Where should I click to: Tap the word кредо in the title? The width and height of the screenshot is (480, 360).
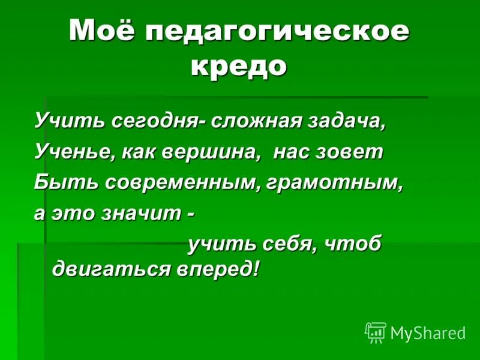pyautogui.click(x=239, y=65)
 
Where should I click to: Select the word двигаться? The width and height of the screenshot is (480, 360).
pyautogui.click(x=112, y=268)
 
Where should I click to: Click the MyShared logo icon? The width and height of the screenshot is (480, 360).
pyautogui.click(x=375, y=332)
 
